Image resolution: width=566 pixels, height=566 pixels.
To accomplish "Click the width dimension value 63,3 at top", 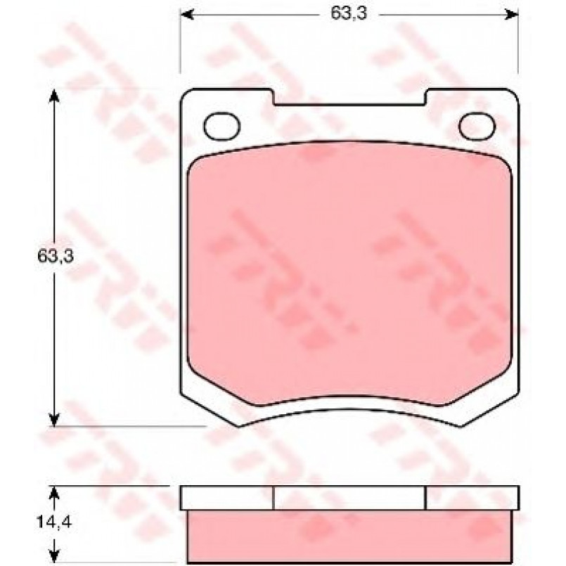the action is [348, 14].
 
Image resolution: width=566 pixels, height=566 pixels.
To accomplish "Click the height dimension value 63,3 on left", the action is [56, 256].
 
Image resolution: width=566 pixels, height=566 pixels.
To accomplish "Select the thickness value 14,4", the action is [54, 522].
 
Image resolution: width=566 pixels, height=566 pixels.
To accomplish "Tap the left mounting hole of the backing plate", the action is [221, 127].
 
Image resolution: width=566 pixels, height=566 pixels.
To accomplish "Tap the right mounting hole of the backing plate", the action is [477, 127].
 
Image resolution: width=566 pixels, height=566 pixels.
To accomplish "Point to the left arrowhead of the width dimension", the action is [186, 15].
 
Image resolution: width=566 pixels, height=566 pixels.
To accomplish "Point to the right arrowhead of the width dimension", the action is [513, 15].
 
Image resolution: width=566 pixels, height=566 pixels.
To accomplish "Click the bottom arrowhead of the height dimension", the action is [53, 420].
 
